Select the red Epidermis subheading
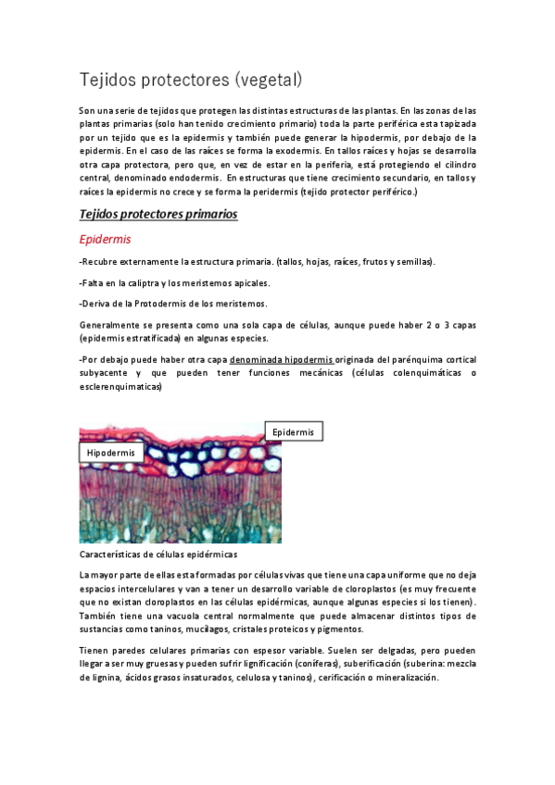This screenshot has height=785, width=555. [105, 239]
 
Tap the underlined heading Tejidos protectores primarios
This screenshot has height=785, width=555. [158, 214]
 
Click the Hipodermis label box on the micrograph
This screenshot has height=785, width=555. [111, 453]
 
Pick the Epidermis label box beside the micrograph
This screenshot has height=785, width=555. [293, 431]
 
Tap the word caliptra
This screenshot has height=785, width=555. [144, 282]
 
